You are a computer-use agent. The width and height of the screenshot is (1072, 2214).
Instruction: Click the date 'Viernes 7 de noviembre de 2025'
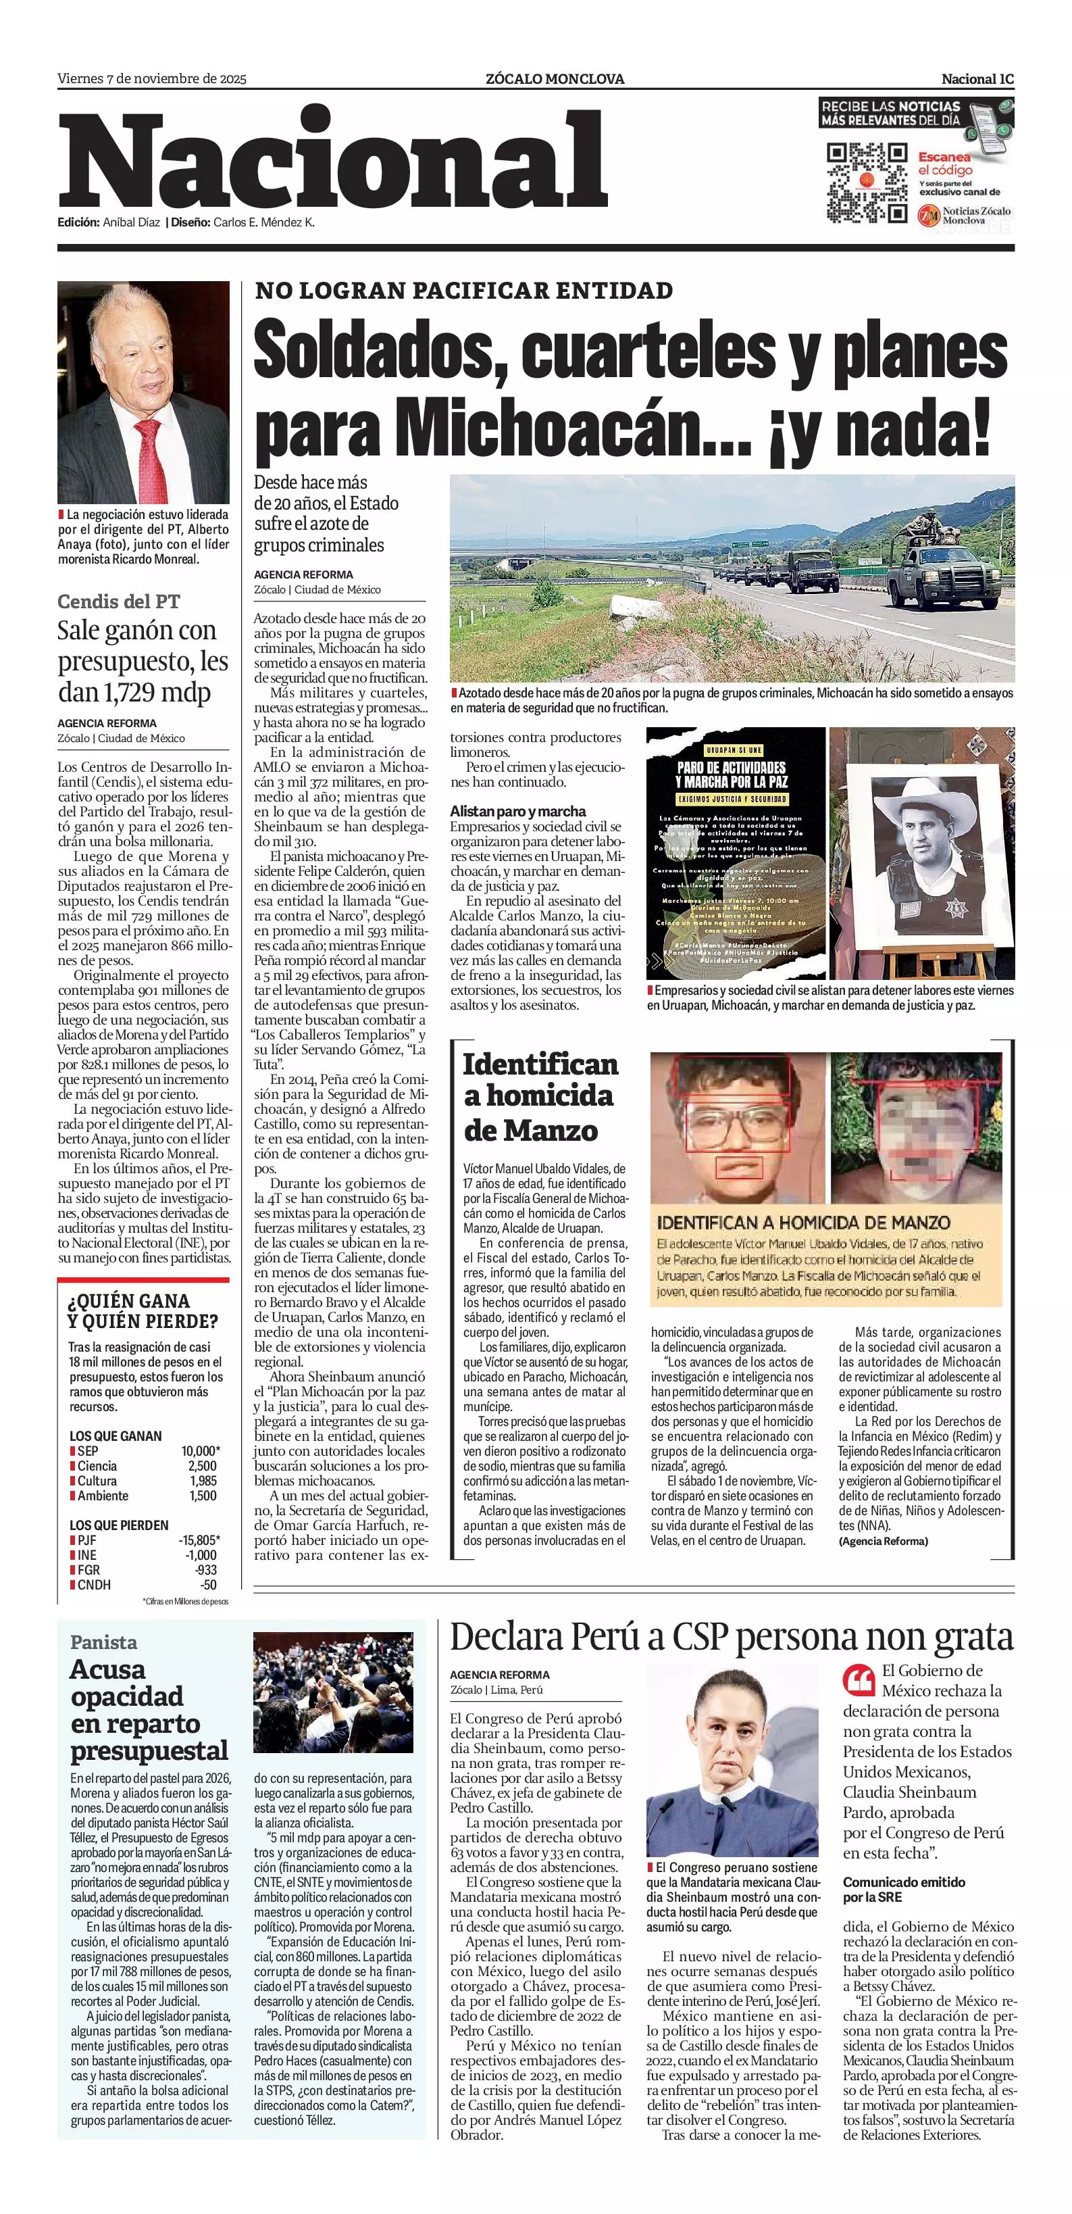(152, 79)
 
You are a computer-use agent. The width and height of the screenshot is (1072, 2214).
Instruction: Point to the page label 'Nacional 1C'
(977, 79)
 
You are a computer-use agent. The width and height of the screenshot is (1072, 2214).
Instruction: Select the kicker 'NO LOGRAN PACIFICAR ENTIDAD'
(464, 291)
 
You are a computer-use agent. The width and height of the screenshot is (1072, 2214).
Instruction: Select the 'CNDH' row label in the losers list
(94, 1585)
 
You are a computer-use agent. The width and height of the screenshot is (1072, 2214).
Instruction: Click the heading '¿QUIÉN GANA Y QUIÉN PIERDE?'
(143, 1310)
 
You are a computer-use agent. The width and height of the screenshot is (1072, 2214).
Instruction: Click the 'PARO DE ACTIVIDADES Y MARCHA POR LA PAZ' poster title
(730, 774)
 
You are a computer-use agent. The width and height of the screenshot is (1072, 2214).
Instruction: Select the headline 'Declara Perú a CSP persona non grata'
(732, 1638)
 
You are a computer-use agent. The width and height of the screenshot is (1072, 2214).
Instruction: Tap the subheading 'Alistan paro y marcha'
(518, 810)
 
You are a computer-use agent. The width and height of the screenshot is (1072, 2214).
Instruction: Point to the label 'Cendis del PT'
(118, 601)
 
